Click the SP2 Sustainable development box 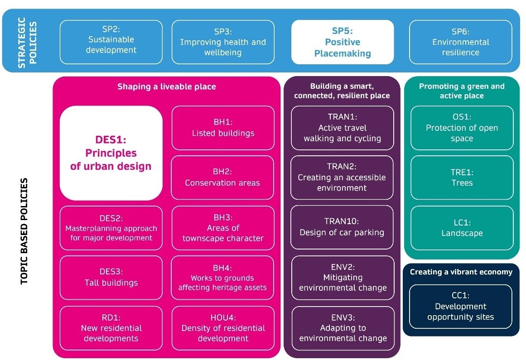tap(111, 42)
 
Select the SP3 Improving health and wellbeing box tap(223, 42)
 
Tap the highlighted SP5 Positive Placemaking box tap(342, 42)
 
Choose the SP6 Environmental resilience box tap(460, 42)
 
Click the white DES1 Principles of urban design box tap(111, 153)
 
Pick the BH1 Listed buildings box tap(223, 128)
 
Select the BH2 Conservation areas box tap(223, 178)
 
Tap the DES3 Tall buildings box tap(111, 278)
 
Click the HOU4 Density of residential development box tap(223, 328)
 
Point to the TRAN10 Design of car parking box tap(342, 227)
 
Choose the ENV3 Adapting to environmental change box tap(342, 328)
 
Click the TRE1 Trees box tap(462, 178)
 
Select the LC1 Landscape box tap(462, 228)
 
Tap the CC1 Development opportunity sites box tap(460, 307)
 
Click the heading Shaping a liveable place tap(167, 86)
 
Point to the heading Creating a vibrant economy tap(461, 272)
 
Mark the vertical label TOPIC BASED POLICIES tap(24, 231)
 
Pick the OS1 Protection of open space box tap(462, 128)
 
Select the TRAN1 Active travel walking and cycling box tap(342, 128)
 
